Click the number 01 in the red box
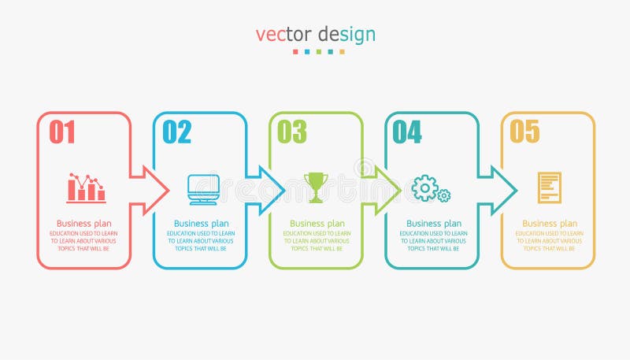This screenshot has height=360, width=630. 62,132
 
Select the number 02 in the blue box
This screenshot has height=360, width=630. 177,132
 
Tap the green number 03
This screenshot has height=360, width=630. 292,132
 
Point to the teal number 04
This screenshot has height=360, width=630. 407,132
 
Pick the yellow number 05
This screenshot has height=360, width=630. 524,132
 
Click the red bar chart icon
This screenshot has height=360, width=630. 86,188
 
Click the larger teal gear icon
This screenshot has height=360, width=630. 424,187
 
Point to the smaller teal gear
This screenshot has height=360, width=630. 444,195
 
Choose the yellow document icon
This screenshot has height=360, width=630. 549,187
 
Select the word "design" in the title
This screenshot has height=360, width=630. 347,36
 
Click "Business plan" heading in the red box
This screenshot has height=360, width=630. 84,224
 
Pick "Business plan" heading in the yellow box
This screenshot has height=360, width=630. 550,224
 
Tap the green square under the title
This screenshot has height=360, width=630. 318,52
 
